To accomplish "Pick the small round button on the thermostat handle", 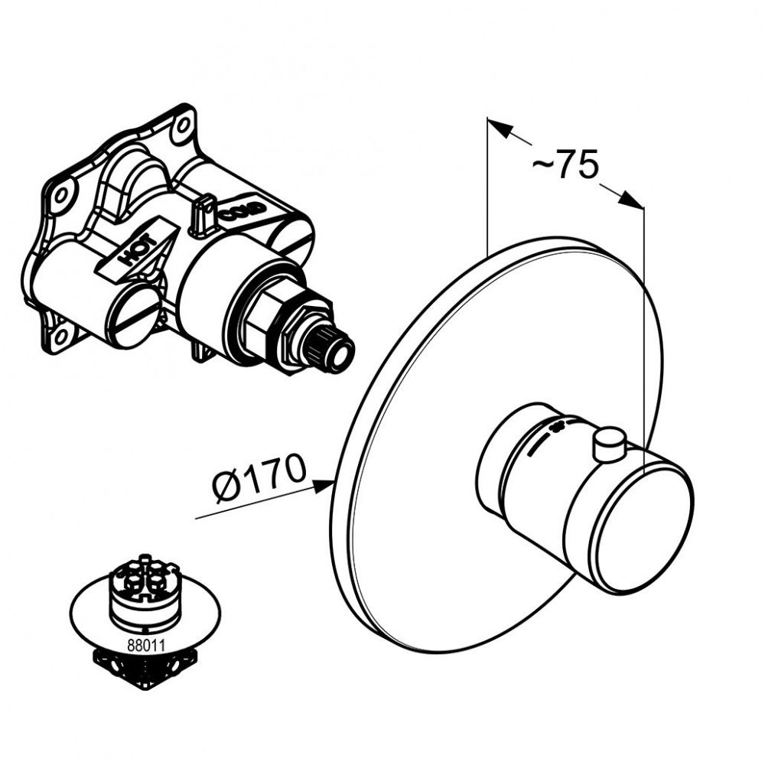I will (x=609, y=445).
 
